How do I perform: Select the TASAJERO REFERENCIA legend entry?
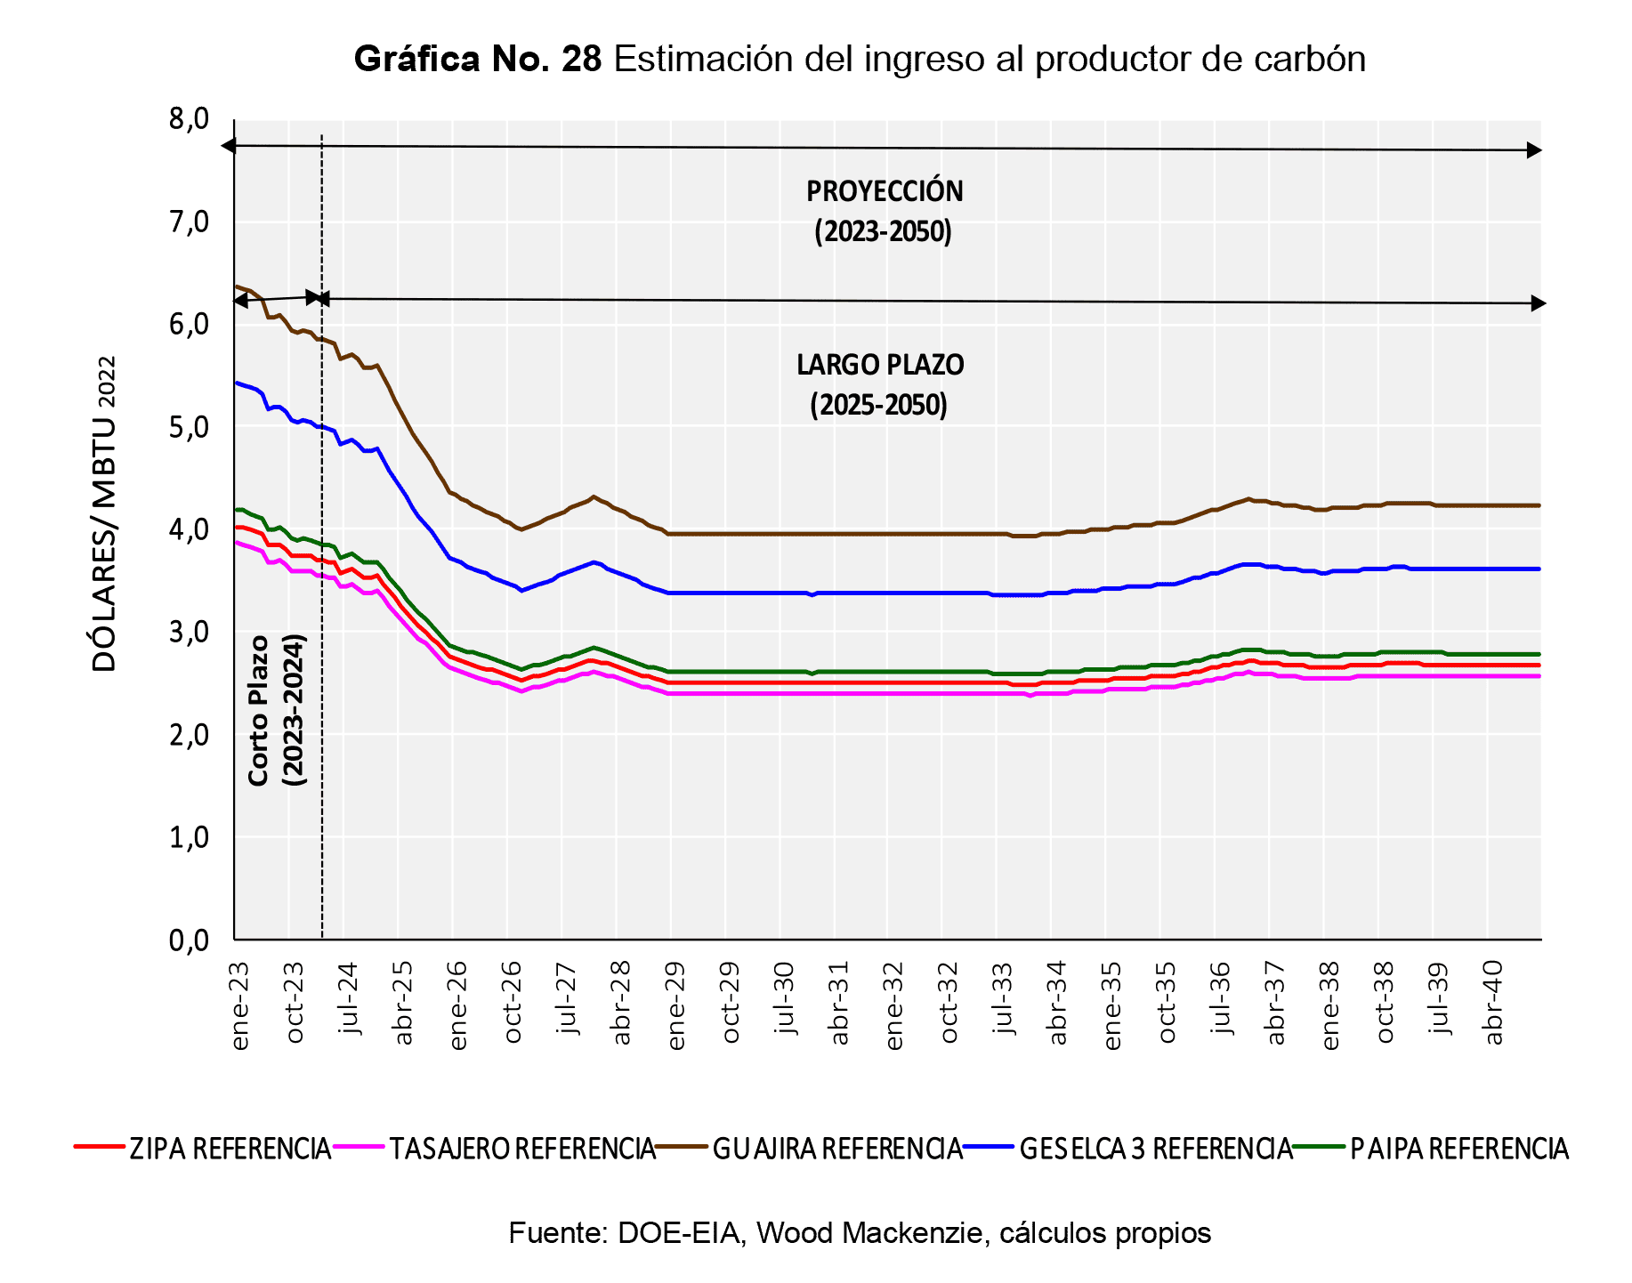(521, 1149)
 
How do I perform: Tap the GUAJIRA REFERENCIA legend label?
(837, 1149)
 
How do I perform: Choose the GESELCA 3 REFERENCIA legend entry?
(1155, 1149)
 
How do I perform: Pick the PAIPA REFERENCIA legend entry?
(1458, 1149)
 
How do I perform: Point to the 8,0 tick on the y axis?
(189, 119)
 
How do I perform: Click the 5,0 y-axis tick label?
(189, 427)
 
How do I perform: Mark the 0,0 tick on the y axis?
(189, 940)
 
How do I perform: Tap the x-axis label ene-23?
(240, 1005)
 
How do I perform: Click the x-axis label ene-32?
(894, 1005)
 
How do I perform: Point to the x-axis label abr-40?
(1494, 1002)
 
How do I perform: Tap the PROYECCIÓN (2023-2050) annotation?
(884, 212)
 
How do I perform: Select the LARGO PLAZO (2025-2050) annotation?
(879, 384)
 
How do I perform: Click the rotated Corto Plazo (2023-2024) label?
(276, 709)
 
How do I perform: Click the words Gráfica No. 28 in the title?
(478, 60)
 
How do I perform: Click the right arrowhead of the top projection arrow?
(1534, 150)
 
